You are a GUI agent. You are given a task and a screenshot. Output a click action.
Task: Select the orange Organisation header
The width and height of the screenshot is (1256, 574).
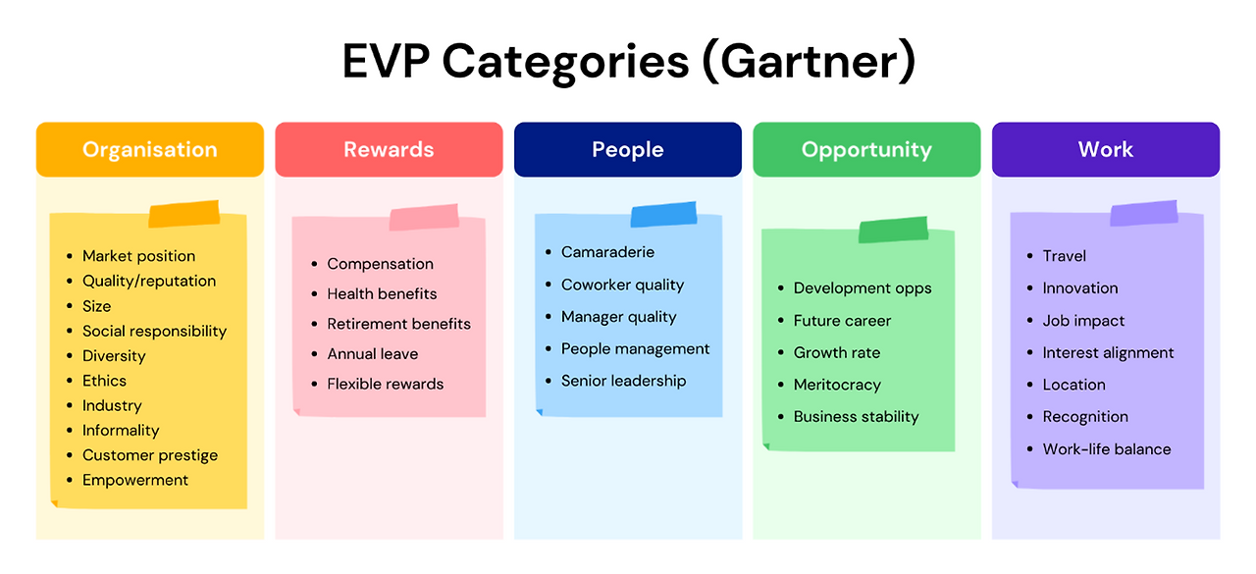(x=150, y=149)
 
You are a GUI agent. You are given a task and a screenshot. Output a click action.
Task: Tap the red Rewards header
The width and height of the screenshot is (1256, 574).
(x=389, y=149)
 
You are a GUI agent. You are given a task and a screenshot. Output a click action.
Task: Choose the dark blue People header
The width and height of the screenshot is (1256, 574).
(x=628, y=149)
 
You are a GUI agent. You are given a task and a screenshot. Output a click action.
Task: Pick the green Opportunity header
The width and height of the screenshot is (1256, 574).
(x=866, y=149)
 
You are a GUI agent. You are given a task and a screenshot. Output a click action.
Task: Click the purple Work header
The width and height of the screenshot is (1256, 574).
(x=1106, y=149)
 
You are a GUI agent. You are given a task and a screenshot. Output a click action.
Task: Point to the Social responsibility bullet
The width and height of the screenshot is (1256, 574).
(x=154, y=331)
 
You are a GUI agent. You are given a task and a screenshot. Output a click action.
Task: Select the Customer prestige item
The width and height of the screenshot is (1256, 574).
(x=150, y=455)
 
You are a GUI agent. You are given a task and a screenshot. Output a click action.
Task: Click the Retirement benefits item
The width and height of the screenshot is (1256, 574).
(x=398, y=324)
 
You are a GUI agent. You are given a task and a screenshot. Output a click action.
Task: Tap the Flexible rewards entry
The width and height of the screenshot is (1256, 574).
(x=386, y=384)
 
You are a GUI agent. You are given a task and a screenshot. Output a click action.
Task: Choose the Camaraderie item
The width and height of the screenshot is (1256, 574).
(x=607, y=252)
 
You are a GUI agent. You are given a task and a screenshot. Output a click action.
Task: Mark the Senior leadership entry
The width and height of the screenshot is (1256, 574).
(x=623, y=381)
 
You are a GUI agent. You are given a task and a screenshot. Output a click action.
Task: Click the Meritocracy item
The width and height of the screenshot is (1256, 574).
(x=837, y=385)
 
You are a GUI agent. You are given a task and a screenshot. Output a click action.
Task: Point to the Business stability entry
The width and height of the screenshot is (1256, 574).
(x=856, y=417)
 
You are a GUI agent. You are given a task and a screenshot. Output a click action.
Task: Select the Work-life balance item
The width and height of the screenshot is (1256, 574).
(x=1107, y=449)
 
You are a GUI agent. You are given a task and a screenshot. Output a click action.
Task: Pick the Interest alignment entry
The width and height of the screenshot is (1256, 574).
(x=1108, y=353)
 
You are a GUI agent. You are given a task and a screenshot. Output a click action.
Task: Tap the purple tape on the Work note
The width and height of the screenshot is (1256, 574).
(x=1143, y=213)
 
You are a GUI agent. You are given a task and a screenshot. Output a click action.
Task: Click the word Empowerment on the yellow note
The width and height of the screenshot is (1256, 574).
(x=135, y=480)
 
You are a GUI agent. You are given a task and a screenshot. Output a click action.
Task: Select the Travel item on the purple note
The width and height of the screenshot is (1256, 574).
(x=1064, y=256)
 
